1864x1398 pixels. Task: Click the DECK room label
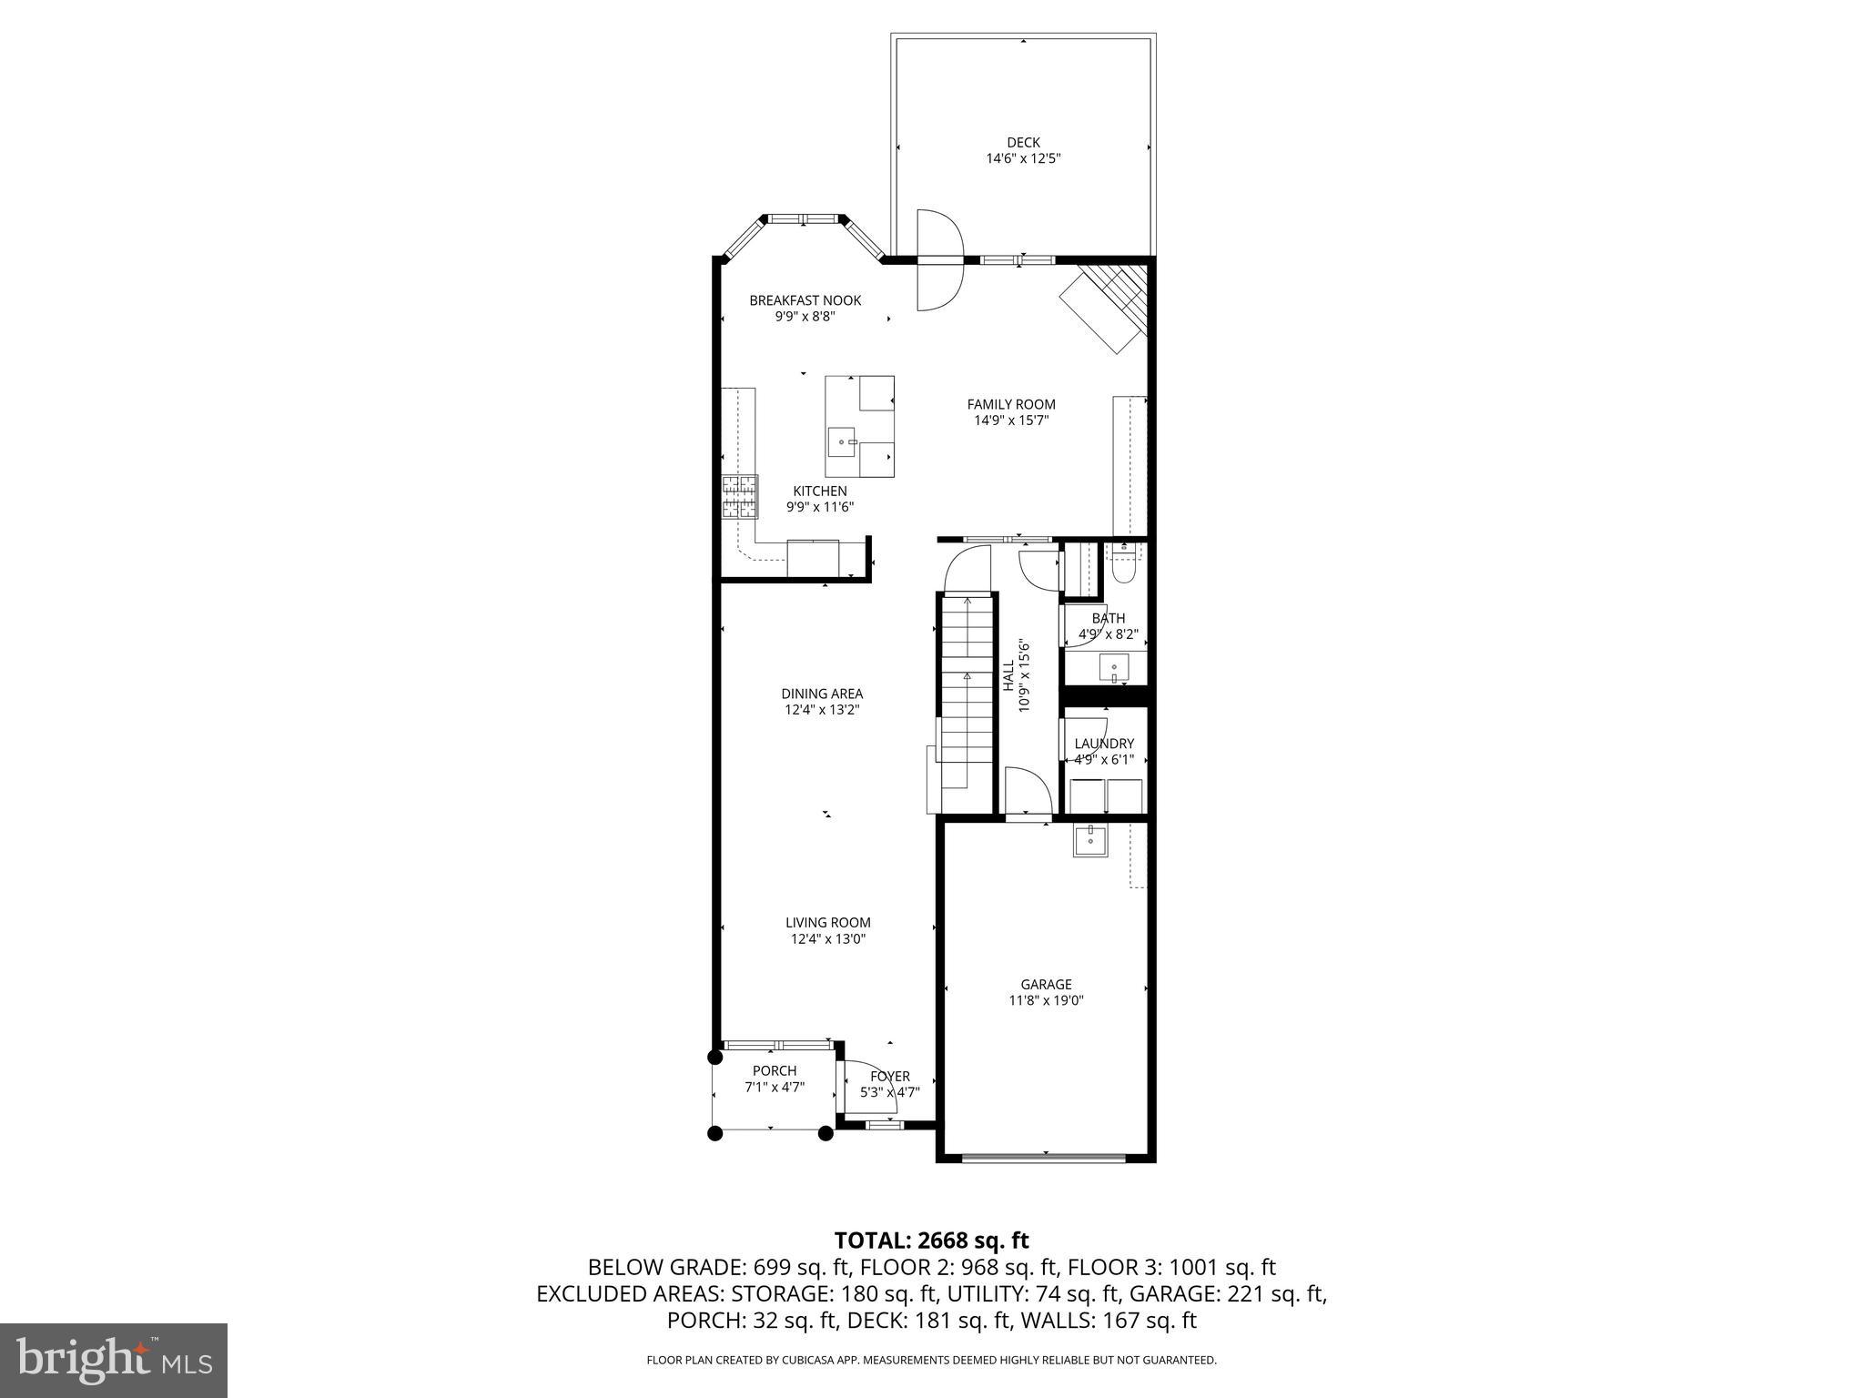[1023, 143]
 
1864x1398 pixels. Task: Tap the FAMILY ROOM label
[1010, 404]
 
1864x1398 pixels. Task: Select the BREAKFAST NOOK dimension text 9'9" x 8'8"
[805, 317]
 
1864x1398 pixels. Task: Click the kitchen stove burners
[740, 497]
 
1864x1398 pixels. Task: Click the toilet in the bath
[1123, 562]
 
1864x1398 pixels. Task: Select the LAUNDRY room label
[1104, 744]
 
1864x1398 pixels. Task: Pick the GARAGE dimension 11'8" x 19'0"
[1046, 1000]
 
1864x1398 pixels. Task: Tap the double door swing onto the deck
[938, 260]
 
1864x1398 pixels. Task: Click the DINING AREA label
[822, 694]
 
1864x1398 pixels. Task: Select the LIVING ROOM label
[827, 922]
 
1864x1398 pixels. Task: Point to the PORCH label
[775, 1070]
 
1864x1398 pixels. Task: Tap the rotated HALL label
[1008, 676]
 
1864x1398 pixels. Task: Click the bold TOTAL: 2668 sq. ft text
[931, 1240]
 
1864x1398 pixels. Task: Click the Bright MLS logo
[114, 1361]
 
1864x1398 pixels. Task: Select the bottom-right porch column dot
[826, 1133]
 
